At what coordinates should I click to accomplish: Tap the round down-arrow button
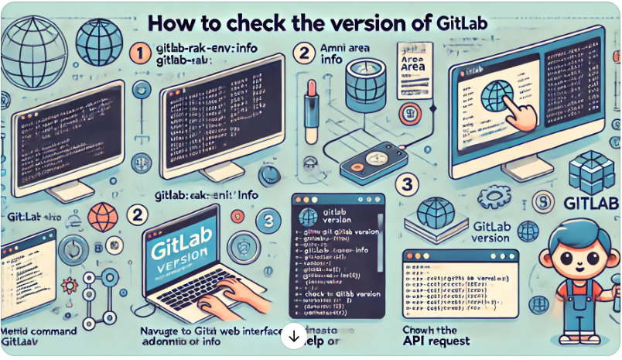coord(295,336)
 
